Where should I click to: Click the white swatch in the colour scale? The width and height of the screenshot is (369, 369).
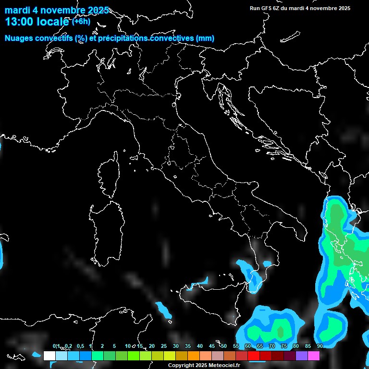point(49,356)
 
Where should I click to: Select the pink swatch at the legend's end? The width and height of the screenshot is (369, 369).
point(314,356)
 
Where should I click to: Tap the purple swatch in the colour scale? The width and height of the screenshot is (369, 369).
point(302,356)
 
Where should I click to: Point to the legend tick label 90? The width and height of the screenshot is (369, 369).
point(320,346)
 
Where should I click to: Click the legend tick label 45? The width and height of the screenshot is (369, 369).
point(212,346)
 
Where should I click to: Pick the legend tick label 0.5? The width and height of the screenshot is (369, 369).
point(80,346)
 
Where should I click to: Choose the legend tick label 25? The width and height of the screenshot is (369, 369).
point(164,346)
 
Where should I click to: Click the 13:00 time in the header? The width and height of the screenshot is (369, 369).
point(22,22)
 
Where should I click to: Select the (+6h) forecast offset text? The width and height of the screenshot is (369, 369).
point(81,21)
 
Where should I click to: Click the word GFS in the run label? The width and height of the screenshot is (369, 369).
point(266,8)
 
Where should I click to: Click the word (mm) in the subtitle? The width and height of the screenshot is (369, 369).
point(205,38)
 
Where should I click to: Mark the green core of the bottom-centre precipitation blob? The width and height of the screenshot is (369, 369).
point(280,331)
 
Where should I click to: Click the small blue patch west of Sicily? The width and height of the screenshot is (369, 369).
point(163,309)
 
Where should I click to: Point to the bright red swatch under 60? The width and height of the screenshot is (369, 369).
point(254,356)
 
